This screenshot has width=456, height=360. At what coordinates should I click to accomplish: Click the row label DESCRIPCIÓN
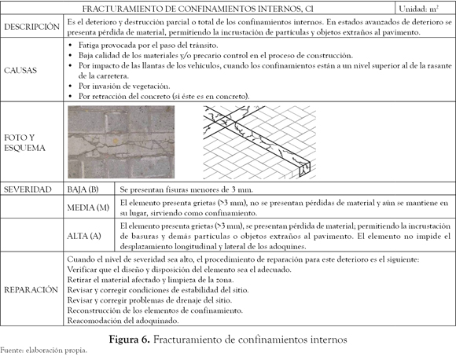point(31,27)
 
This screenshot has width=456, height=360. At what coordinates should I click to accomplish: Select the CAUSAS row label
point(20,71)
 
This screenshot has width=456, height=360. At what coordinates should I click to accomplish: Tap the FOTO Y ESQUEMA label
point(24,142)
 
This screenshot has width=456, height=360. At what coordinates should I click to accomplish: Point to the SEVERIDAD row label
point(28,189)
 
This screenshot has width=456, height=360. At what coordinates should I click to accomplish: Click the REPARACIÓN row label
point(31,289)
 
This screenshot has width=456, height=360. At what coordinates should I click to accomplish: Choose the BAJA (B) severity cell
point(83,189)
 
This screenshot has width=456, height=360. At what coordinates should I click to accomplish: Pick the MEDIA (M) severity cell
point(88,208)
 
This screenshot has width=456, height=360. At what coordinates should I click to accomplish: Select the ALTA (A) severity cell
point(84,236)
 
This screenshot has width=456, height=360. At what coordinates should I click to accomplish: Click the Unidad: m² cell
point(419,9)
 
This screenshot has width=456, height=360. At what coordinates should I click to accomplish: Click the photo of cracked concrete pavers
point(121,142)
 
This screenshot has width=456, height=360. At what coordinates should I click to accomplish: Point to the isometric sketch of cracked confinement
point(259,142)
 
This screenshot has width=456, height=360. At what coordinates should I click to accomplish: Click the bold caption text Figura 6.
point(130,340)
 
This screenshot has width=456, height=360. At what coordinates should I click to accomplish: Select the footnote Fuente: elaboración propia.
point(43,351)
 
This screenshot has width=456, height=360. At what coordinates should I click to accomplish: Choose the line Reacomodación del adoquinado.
point(123,321)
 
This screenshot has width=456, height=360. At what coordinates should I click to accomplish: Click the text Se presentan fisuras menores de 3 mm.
point(186,190)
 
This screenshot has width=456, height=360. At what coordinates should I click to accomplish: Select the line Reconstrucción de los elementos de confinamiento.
point(155,310)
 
